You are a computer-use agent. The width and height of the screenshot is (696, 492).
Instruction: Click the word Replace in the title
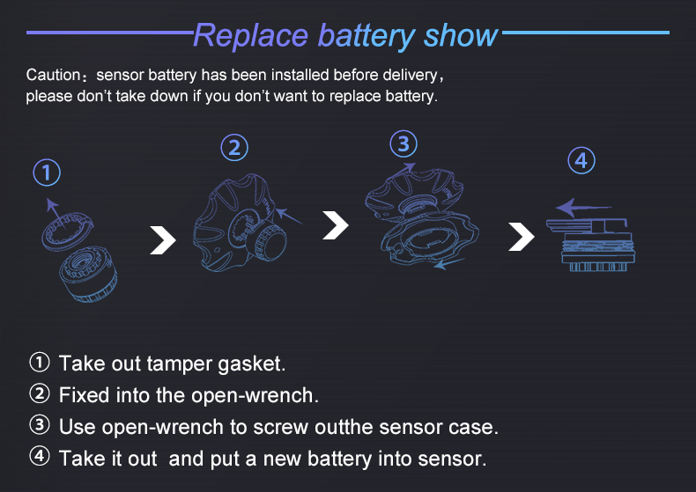coord(251,36)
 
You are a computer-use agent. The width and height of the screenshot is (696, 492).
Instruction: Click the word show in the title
coord(461,35)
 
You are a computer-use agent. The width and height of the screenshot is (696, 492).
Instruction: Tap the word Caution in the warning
coord(53,75)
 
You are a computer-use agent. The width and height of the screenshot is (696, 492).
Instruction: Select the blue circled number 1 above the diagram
coord(47,173)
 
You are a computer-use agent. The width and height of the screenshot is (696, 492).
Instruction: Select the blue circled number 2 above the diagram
coord(234,148)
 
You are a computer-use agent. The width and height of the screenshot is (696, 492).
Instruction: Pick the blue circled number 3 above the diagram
coord(404,144)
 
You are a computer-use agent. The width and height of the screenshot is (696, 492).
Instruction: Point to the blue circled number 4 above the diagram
coord(581,160)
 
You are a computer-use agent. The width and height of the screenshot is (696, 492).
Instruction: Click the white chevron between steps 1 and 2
coord(163,240)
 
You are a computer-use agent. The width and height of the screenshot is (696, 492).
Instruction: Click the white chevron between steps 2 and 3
coord(336,225)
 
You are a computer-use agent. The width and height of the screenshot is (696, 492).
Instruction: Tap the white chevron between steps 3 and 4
coord(522,237)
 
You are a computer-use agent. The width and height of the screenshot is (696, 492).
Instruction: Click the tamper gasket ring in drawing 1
coord(68,231)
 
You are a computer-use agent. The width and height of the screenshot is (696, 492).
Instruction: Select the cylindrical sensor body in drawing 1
coord(89,275)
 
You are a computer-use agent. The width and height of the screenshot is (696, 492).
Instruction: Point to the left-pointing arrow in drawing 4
coord(584,207)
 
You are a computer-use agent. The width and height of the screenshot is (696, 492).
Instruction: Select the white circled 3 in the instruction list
coord(40,425)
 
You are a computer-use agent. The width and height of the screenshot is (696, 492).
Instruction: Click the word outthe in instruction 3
coord(344,427)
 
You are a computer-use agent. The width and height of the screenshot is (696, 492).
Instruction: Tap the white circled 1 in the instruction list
coord(40,362)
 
